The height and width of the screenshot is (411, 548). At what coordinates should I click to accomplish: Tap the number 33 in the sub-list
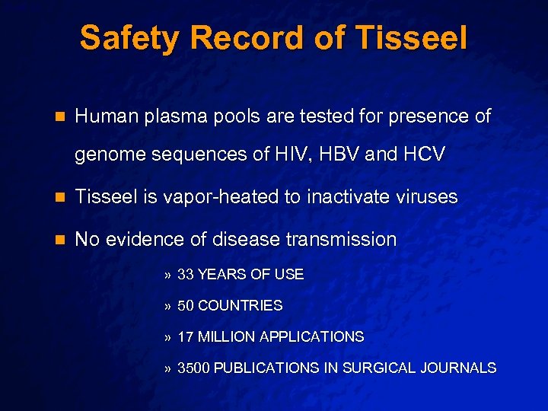tap(186, 275)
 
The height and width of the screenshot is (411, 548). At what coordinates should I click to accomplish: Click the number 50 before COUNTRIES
tap(186, 306)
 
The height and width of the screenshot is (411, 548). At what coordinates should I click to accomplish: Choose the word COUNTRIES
tap(240, 306)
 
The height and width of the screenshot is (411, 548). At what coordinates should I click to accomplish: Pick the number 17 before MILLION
tap(186, 336)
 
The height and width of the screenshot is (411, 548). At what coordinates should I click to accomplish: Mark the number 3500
tap(194, 368)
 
